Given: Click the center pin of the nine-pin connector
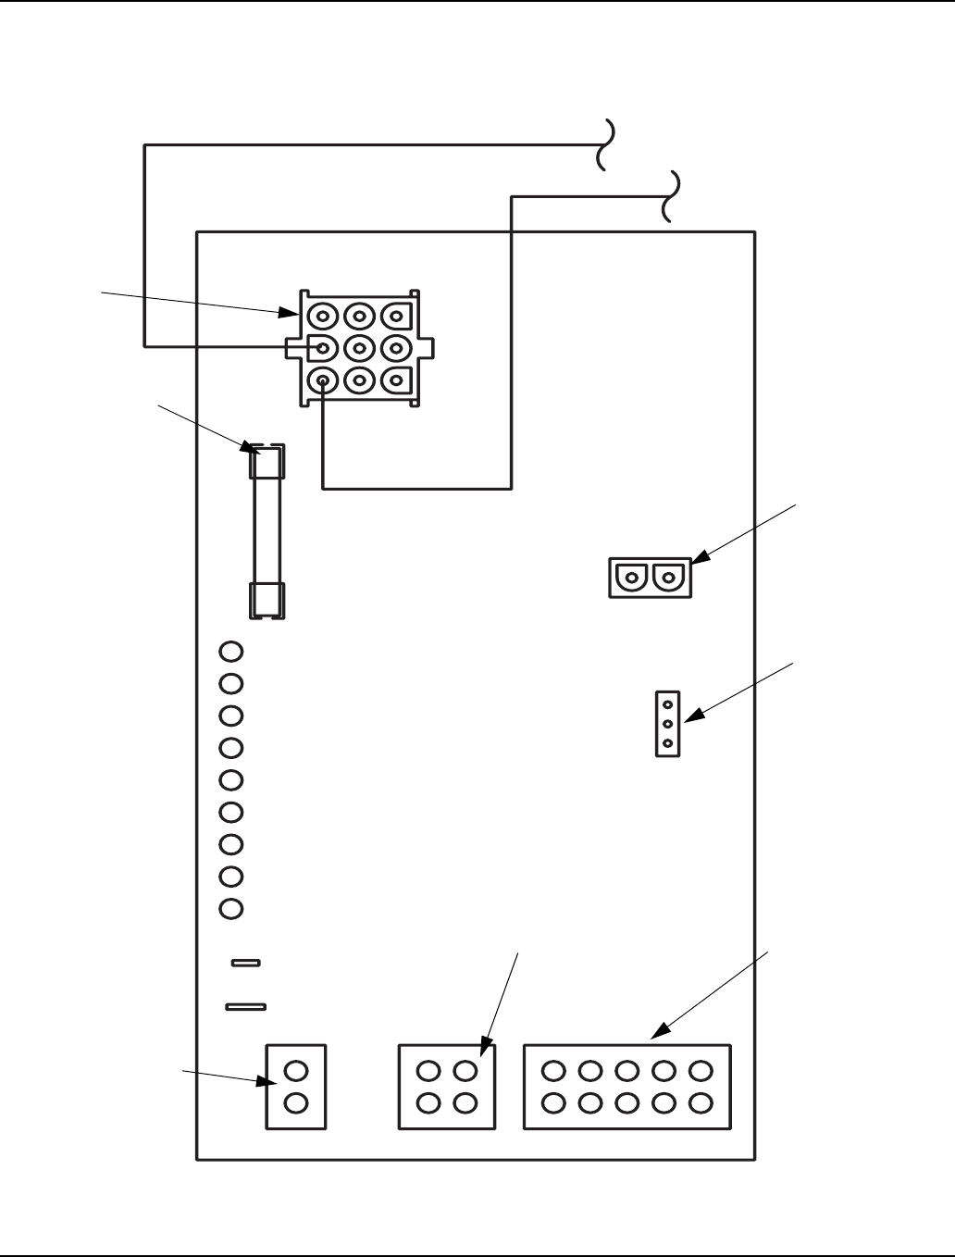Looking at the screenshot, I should click(x=359, y=348).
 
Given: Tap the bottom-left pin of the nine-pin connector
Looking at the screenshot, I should click(x=322, y=380).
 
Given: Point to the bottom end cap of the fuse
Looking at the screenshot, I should click(x=267, y=599).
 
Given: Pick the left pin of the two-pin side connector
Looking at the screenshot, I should click(x=631, y=579).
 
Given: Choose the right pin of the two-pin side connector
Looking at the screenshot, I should click(x=668, y=579).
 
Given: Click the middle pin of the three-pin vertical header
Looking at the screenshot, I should click(x=667, y=724).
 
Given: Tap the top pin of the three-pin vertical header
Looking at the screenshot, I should click(x=667, y=704).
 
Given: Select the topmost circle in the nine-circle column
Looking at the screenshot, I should click(x=231, y=652).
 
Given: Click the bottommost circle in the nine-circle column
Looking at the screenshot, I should click(x=231, y=909).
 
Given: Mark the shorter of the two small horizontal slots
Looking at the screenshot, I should click(x=245, y=963).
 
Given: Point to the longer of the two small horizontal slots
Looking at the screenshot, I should click(x=246, y=1006).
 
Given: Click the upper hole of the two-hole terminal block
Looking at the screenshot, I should click(x=296, y=1071).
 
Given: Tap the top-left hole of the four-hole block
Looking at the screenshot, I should click(x=428, y=1071).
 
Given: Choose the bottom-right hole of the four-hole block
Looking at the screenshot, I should click(x=465, y=1103).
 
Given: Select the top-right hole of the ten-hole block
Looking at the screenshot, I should click(x=701, y=1071).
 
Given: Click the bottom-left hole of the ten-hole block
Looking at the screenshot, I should click(x=553, y=1103).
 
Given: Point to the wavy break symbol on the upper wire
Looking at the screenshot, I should click(x=605, y=144).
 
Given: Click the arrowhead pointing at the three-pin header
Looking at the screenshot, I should click(x=690, y=716).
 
